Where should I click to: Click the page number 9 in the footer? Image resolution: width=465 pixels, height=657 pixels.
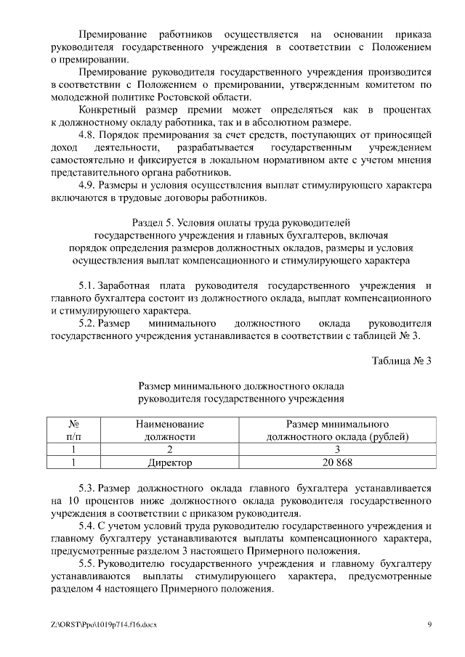[x=429, y=624]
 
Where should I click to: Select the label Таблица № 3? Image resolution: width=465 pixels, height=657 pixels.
[x=401, y=361]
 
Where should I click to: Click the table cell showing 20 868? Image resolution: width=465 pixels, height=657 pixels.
[x=337, y=462]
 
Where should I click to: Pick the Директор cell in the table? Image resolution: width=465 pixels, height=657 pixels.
[x=169, y=462]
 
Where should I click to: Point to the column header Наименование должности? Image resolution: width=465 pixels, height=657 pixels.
[x=169, y=430]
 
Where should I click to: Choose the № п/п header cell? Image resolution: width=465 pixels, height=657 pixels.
[x=73, y=430]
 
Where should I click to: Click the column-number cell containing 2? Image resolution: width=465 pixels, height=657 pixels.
[x=169, y=449]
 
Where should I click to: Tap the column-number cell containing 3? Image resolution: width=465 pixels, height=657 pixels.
[x=337, y=449]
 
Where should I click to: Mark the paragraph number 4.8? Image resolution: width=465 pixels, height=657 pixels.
[x=87, y=135]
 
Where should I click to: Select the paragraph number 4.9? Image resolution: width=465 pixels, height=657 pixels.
[x=87, y=185]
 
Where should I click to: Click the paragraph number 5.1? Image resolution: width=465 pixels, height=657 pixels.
[x=87, y=285]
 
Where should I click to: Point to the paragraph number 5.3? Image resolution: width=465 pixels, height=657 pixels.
[x=87, y=489]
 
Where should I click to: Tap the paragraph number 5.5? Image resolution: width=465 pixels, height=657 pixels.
[x=87, y=563]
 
